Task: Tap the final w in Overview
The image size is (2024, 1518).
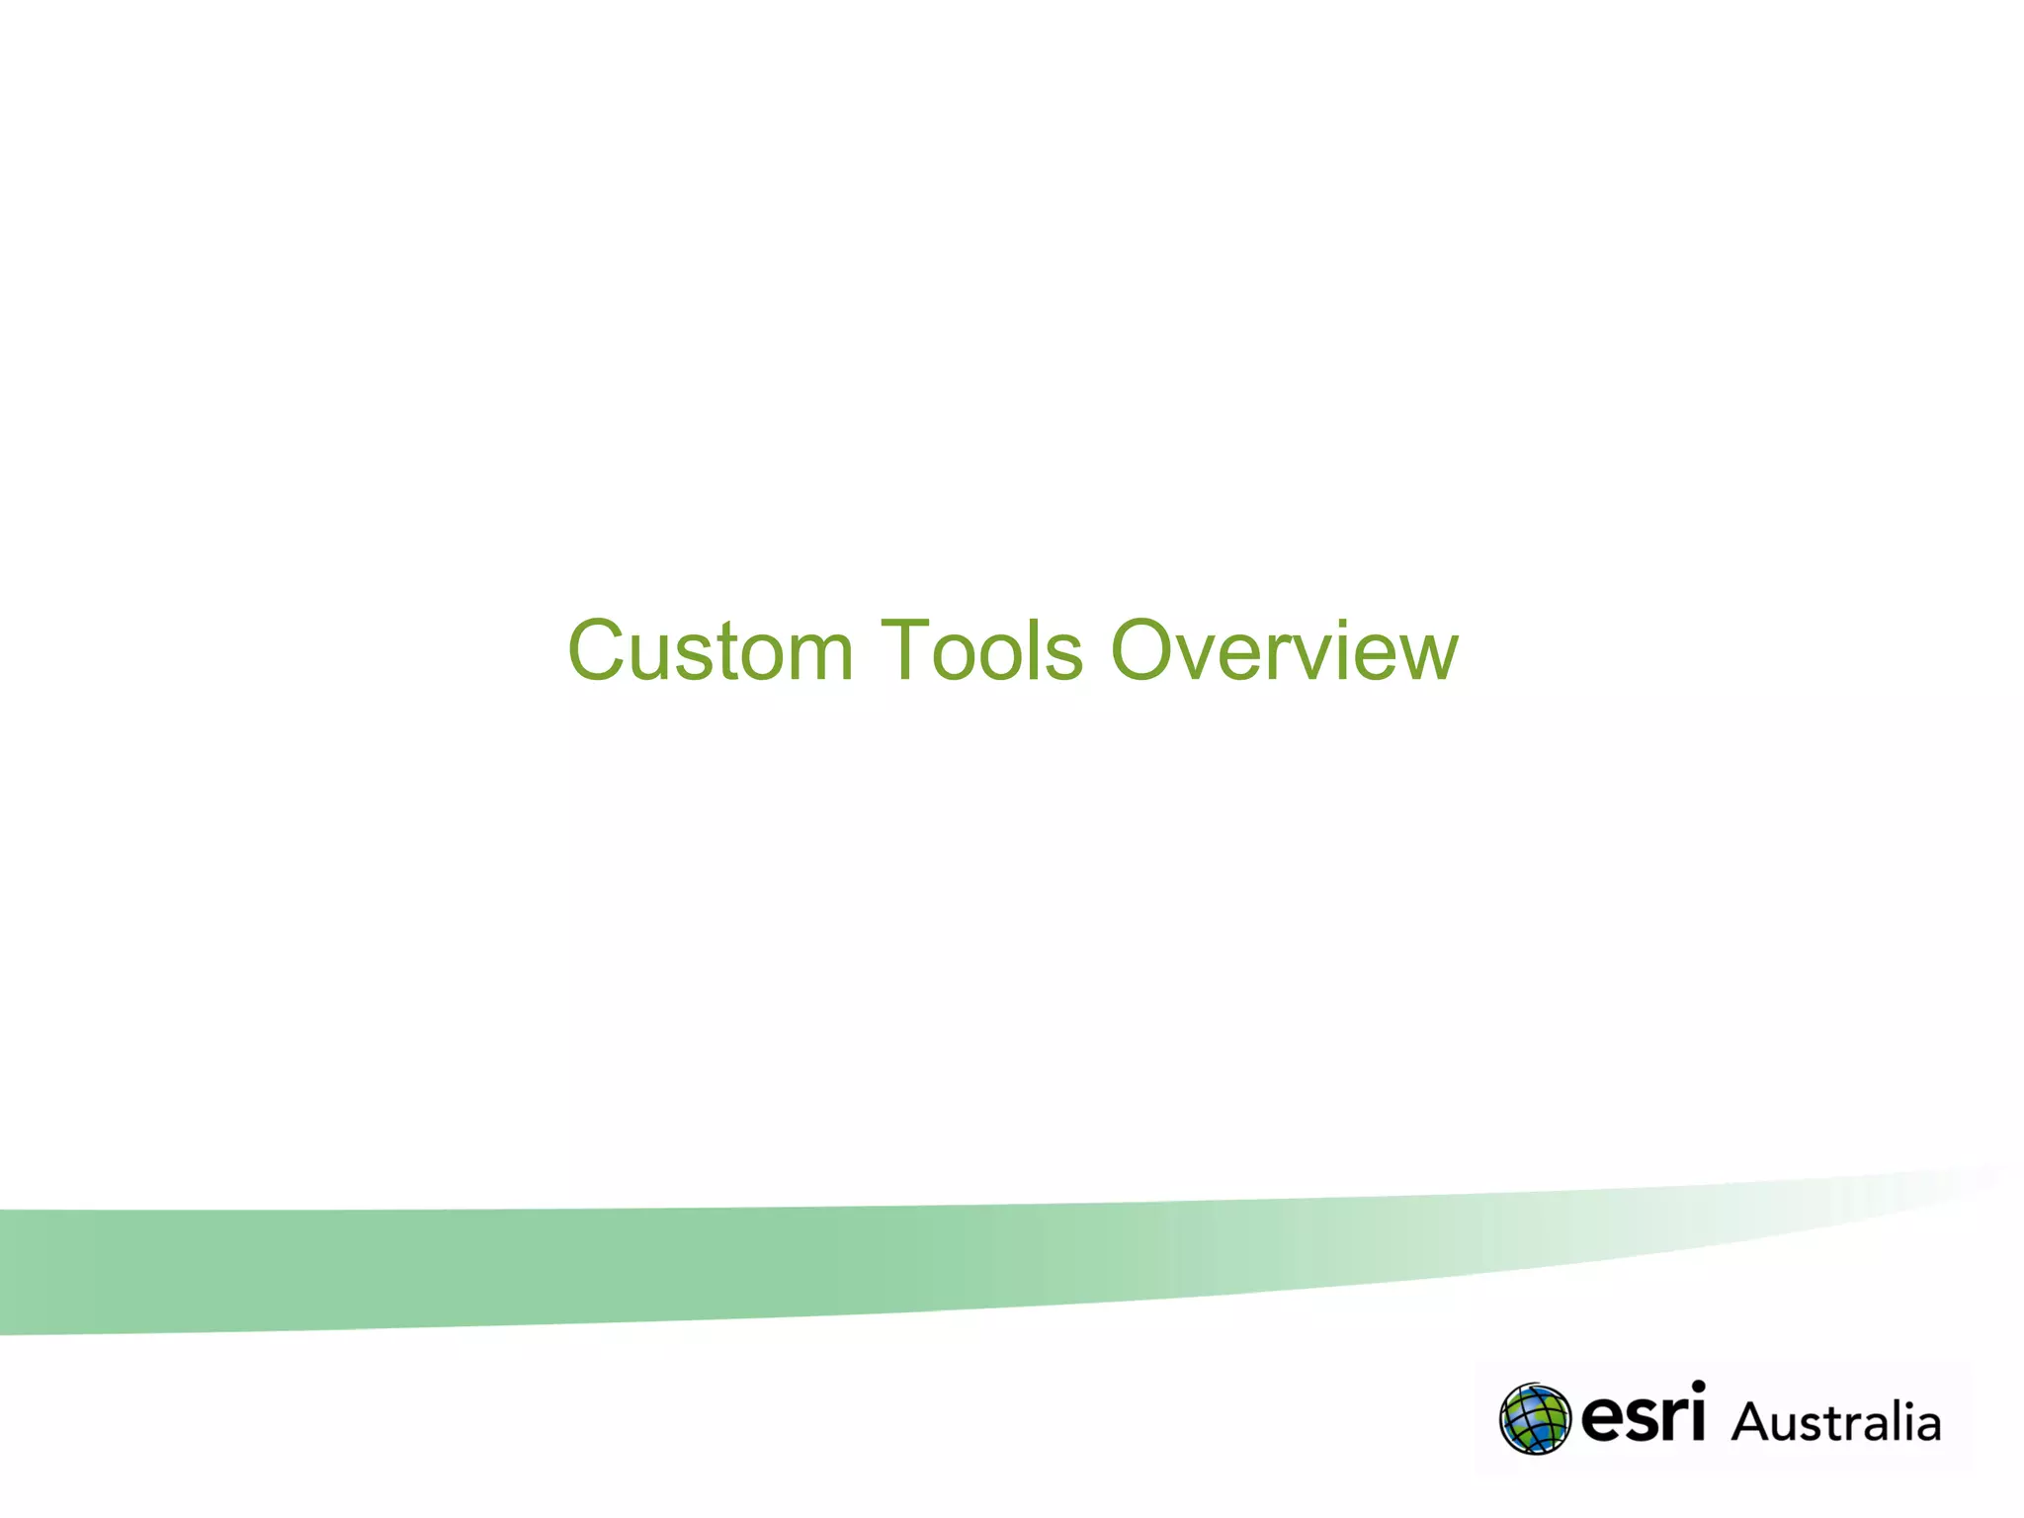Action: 1425,657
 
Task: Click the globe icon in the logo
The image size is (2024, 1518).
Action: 1534,1419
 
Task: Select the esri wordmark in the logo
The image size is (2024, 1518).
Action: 1643,1415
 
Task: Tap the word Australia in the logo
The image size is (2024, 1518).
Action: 1836,1423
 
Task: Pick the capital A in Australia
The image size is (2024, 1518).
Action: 1752,1423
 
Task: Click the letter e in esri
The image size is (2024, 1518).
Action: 1601,1421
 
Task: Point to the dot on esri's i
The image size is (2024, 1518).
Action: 1697,1388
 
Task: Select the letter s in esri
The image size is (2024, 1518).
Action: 1641,1421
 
